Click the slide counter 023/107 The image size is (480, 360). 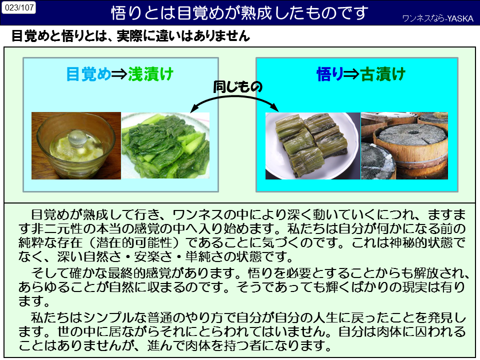19,7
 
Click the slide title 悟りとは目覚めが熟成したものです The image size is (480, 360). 239,13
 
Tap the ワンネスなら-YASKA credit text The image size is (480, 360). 438,18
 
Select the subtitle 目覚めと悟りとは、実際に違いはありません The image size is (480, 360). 130,36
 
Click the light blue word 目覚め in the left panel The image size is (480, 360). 88,74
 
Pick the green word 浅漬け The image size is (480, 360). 150,74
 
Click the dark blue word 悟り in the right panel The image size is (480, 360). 329,74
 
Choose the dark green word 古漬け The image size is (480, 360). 382,74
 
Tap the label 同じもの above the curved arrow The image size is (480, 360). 237,86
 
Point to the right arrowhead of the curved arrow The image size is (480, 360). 275,108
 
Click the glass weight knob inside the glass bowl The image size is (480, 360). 77,137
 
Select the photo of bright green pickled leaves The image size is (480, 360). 165,145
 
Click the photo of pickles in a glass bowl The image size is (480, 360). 76,145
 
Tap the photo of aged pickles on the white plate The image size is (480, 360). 313,145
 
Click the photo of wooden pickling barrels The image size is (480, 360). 404,145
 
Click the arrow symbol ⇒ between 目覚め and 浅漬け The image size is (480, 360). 119,74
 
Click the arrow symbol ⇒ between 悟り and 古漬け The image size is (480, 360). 351,74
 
